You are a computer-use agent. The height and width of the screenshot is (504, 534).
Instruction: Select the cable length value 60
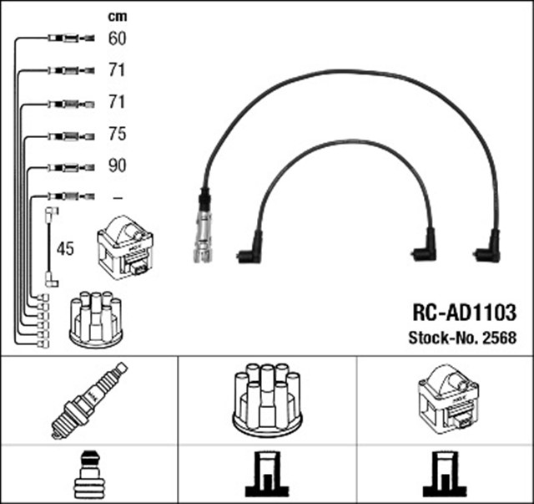coord(117,38)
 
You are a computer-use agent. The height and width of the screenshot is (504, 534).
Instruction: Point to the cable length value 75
coord(117,134)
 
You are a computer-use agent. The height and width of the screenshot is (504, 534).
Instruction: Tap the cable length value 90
coord(117,165)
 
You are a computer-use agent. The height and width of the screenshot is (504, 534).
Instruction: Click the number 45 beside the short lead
coord(65,249)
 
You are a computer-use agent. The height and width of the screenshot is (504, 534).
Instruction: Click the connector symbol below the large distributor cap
coord(266,475)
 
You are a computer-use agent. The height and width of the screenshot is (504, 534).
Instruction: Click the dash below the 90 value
coord(117,198)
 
